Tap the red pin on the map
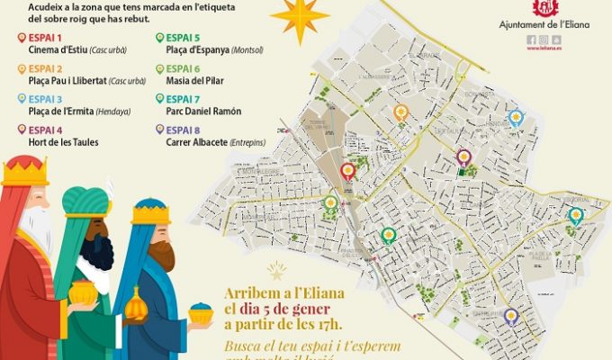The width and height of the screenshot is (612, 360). point(348,171)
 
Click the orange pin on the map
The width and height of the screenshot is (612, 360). point(401,113)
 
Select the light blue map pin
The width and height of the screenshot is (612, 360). point(516,118)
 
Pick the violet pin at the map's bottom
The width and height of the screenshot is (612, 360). point(510,316)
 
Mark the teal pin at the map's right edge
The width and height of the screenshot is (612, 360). point(575,215)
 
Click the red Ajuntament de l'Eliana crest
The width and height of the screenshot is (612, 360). point(544,11)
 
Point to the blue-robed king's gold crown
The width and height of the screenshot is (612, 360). point(150,213)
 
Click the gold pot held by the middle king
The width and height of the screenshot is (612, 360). point(82,293)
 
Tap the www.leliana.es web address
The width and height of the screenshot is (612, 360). point(544,50)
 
